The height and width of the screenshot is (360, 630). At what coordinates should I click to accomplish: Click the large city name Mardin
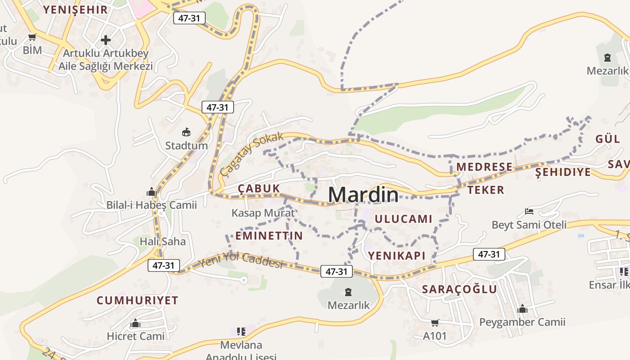(363, 194)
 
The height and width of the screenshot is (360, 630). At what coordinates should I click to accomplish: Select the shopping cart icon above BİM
(32, 37)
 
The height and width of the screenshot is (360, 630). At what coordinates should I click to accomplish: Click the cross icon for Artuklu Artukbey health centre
(106, 40)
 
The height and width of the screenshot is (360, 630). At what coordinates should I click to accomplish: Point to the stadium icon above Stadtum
(186, 132)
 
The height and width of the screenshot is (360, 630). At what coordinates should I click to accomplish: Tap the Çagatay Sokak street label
(252, 154)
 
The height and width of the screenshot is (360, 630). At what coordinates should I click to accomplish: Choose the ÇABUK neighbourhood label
(259, 189)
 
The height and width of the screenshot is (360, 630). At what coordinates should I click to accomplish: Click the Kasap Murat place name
(263, 213)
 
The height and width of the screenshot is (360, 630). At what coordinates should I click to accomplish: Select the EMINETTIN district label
(269, 236)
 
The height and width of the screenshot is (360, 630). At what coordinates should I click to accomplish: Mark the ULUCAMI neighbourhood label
(403, 219)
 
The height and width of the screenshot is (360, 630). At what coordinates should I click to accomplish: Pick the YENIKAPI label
(397, 256)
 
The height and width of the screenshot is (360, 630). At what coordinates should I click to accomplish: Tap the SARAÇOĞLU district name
(459, 289)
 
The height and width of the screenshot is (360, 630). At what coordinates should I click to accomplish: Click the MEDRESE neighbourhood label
(484, 167)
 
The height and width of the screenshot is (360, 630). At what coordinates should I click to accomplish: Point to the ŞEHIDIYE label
(563, 172)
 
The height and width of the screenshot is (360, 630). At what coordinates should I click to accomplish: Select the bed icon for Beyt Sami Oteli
(529, 211)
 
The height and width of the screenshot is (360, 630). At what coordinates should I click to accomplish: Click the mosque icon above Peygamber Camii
(522, 309)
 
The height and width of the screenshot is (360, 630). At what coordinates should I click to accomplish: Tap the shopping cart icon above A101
(435, 323)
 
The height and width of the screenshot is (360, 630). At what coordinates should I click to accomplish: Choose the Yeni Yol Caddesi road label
(240, 260)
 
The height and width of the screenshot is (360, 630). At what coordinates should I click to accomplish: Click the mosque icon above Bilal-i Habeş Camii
(152, 192)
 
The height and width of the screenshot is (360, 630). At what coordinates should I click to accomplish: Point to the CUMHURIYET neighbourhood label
(138, 300)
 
